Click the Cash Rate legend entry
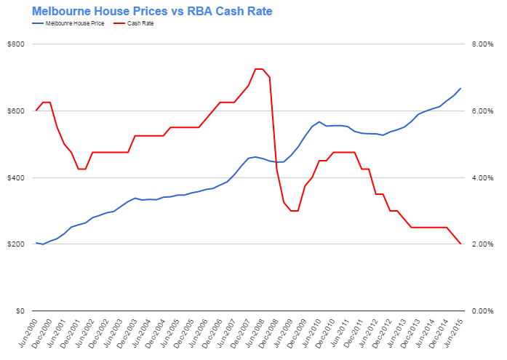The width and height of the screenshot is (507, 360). [x=143, y=24]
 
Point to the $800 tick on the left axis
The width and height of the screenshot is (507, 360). [x=16, y=44]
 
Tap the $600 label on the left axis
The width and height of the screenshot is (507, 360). [x=16, y=111]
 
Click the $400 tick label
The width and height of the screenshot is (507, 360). [x=16, y=177]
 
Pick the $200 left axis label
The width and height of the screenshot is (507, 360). [x=16, y=244]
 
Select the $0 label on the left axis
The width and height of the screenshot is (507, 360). [x=20, y=311]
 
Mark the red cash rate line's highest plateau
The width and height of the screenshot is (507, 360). [x=259, y=69]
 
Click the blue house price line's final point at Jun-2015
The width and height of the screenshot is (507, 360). [x=460, y=89]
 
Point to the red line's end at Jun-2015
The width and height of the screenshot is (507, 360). [x=460, y=244]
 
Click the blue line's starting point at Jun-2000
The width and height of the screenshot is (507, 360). [x=36, y=243]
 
